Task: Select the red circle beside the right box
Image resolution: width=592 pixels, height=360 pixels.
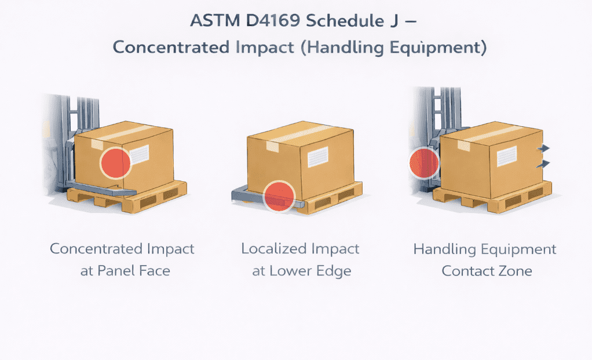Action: [423, 163]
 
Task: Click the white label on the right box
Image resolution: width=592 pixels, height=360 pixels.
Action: [507, 156]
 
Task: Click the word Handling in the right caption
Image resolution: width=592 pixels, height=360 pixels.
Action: [442, 249]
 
